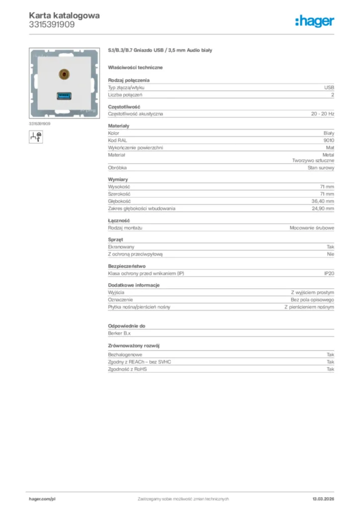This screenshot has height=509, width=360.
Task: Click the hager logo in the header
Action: pos(314,21)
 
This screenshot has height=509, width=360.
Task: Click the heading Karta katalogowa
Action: pos(64,15)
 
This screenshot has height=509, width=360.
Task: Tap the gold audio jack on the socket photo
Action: pos(63,75)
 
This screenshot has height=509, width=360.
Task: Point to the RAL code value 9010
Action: pos(328,141)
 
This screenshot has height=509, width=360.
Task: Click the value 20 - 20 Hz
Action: pos(323,114)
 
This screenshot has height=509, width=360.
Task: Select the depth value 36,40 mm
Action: pos(323,201)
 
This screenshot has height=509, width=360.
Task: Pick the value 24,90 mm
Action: pos(323,209)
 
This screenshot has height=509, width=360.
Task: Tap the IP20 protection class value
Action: pos(329,273)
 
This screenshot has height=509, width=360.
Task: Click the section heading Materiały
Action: pos(118,126)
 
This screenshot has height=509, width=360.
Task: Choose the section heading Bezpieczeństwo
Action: pos(127,266)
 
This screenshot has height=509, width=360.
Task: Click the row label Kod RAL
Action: pos(117,141)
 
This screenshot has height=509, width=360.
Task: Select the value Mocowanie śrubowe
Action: pos(312,228)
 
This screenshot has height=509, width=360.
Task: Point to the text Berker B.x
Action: pos(119,334)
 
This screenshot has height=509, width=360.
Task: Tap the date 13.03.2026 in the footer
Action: pos(323,499)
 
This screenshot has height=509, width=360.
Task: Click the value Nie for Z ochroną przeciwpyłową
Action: pos(330,254)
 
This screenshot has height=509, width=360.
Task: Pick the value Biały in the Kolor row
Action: pos(329,133)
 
